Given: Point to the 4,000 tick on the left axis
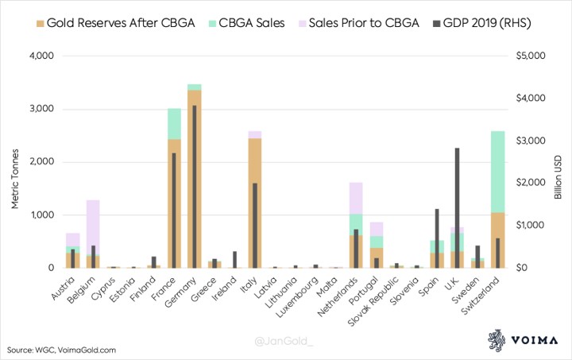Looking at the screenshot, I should (x=40, y=56).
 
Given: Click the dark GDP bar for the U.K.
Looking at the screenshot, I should (x=457, y=207).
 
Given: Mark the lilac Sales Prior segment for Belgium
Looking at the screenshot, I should (x=93, y=226).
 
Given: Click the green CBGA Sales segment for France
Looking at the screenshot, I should (x=174, y=124).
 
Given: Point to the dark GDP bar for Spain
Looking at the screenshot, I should (x=436, y=238).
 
